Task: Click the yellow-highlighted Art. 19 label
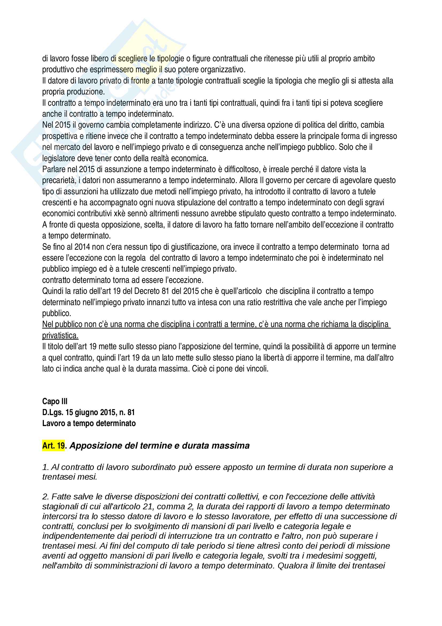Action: tap(53, 446)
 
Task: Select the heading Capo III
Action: tap(55, 401)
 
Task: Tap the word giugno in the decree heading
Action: tap(85, 412)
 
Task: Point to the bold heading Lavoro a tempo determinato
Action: tap(89, 423)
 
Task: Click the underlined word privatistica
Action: tap(60, 335)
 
